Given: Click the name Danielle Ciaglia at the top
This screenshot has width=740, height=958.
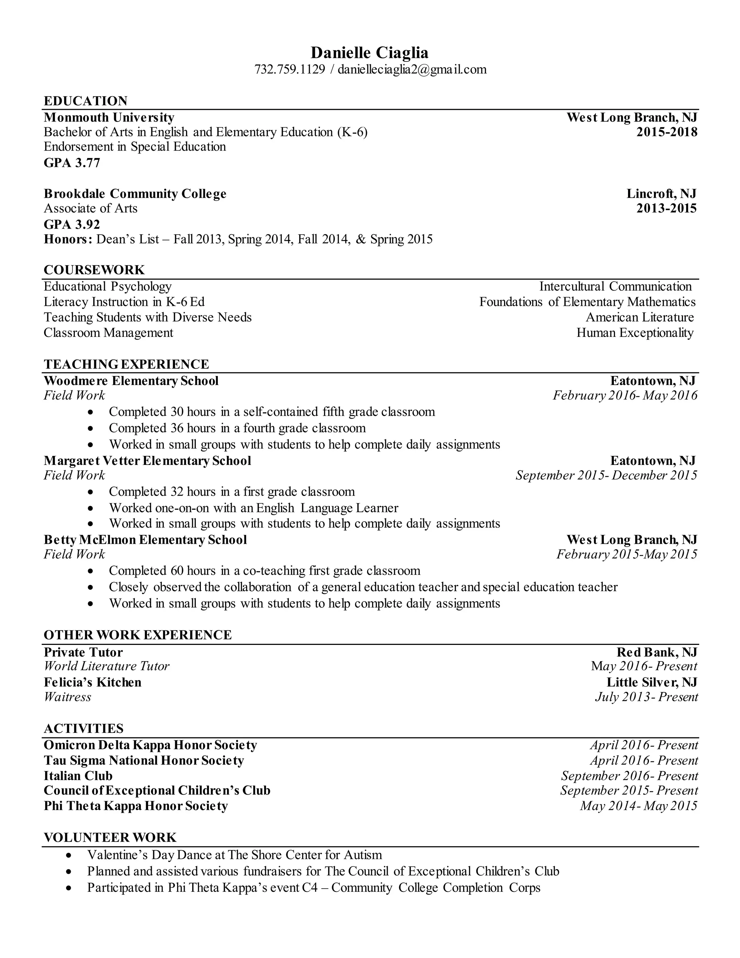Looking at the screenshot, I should coord(369,53).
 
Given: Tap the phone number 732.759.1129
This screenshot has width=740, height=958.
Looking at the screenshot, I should coord(290,70).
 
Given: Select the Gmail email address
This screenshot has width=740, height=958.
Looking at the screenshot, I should coord(412,70).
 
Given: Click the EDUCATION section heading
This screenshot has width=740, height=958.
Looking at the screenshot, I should coord(86,101).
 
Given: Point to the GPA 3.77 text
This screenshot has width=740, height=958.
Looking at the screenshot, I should coord(72,163).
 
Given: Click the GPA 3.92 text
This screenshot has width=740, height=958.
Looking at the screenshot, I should coord(72,224).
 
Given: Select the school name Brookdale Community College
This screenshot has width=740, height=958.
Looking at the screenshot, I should coord(135,194).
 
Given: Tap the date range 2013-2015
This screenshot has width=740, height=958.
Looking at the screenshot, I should coord(666,208).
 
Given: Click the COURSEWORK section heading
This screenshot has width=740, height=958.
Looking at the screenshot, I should coord(94,270).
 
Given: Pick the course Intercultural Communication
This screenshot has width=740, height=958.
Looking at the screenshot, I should coord(615,286).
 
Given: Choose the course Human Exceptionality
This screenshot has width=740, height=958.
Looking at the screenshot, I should coord(635,333).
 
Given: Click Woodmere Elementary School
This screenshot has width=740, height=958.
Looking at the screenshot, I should coord(131,381).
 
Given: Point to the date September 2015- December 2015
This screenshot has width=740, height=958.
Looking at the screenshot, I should coord(606,475).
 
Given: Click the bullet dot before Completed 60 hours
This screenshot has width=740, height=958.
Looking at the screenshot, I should coord(91,572).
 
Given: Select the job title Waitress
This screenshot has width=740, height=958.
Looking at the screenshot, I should coord(68,697).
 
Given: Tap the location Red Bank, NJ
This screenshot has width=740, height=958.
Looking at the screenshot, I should coord(657,652).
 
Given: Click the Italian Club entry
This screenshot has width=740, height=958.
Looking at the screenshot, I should coord(78,776).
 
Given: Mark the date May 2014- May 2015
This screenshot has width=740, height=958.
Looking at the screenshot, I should coord(638,806).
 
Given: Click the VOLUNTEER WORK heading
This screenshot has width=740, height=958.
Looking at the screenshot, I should coord(110,838).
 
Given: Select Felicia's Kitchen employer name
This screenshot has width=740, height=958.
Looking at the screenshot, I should coord(92,683).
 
